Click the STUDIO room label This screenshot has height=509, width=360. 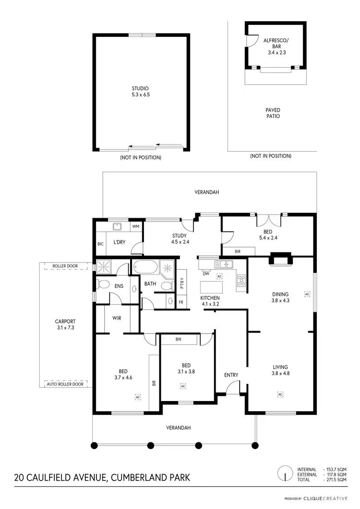141,88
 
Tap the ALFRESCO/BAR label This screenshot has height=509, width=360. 276,44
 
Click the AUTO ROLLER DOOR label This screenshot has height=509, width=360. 65,384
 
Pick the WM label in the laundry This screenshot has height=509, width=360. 135,226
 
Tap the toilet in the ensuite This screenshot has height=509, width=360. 102,284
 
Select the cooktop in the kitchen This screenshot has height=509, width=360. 241,280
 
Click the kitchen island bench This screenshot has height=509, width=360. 212,287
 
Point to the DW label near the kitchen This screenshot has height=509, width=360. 205,274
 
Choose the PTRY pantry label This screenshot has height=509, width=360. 181,284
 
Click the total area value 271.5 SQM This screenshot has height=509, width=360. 335,479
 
